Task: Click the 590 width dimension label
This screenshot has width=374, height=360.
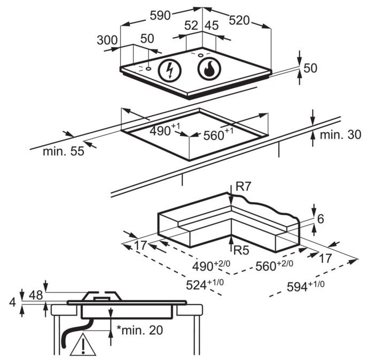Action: [x=160, y=16]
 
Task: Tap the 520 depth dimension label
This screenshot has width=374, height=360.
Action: [x=239, y=20]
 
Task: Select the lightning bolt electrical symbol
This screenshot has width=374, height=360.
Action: [x=170, y=71]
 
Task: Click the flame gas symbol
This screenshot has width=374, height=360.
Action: [x=209, y=69]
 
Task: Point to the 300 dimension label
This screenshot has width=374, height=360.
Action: [x=107, y=40]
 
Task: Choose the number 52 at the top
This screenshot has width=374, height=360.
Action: [x=191, y=26]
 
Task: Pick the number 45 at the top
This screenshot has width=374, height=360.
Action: [x=212, y=26]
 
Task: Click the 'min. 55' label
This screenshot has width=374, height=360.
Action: [x=64, y=151]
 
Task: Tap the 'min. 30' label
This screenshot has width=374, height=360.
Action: [x=340, y=135]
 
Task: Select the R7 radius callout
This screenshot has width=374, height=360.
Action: [x=243, y=187]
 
